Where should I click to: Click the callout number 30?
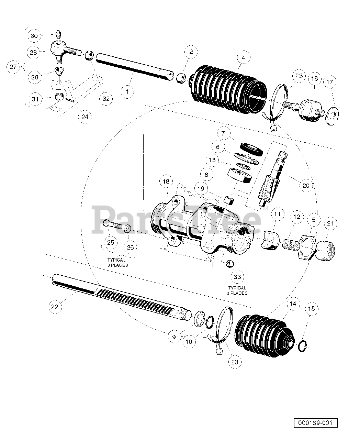coord(34,36)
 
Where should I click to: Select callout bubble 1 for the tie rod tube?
coord(127,91)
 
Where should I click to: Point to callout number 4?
coord(244,57)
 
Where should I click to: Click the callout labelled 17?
coord(330,82)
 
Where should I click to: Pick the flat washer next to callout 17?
coord(332,115)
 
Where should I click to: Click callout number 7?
coord(223,133)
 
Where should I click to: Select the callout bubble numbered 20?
coord(306,186)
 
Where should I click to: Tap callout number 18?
coord(166,181)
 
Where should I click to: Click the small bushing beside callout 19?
coord(229,200)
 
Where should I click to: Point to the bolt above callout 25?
coord(113,225)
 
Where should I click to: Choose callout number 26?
coord(130,247)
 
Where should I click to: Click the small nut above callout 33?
coord(229,264)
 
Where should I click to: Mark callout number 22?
coord(55,307)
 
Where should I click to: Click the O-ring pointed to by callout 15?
coord(303,346)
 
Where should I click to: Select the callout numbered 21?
coord(330,223)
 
